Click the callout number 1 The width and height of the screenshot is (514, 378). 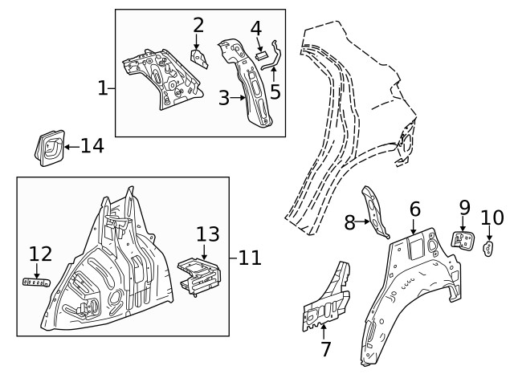(x=103, y=88)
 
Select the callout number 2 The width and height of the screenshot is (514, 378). (x=198, y=26)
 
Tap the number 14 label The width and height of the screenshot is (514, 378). (x=92, y=146)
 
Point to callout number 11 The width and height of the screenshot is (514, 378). (x=251, y=258)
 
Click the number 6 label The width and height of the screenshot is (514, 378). (x=414, y=209)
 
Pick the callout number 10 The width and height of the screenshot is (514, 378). (x=491, y=217)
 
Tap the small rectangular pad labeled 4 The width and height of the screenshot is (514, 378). (x=260, y=56)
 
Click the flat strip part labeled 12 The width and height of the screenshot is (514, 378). (x=35, y=281)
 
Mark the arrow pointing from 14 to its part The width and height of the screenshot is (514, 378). (x=71, y=146)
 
